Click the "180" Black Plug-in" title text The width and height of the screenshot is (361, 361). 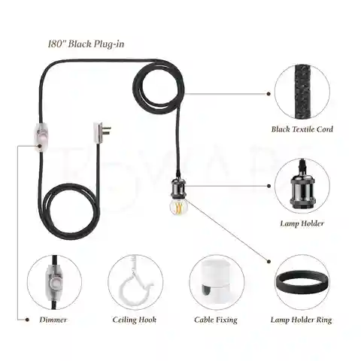[86, 44]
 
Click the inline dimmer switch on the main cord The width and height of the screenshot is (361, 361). [40, 138]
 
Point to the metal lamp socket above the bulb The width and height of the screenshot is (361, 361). [178, 187]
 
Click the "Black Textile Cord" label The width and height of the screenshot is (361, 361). [302, 129]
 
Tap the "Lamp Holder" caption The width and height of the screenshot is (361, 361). [302, 223]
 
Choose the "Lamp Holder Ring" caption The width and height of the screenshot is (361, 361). [302, 320]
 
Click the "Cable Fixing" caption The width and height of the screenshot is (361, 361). [216, 320]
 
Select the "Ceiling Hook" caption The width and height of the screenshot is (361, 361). [135, 320]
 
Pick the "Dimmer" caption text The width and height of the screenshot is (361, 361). [53, 320]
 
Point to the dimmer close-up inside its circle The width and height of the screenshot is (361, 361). [54, 282]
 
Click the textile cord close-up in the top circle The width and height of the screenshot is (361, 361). [302, 93]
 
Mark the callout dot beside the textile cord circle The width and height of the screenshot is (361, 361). [268, 94]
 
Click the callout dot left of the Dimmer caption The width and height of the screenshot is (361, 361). [27, 320]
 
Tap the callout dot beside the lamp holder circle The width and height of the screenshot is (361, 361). [268, 186]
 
